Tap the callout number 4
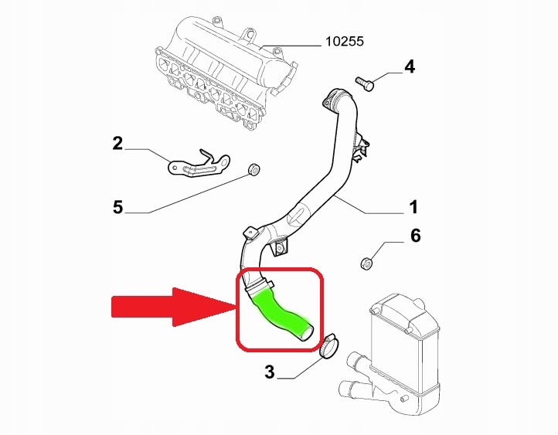[410, 67]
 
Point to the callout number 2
[117, 143]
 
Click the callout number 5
[117, 207]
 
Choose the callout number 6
[415, 236]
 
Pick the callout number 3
[269, 372]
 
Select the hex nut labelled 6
[367, 263]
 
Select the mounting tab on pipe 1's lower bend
[279, 245]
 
